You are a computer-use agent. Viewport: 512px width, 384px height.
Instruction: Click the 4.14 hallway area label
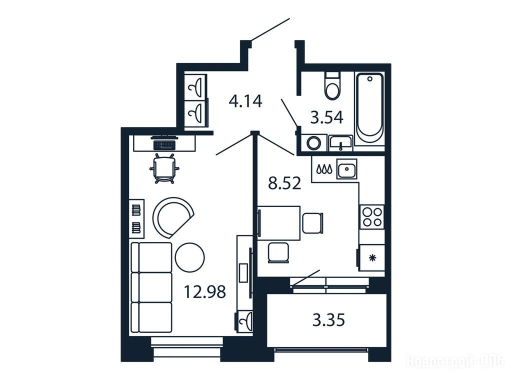coord(245,101)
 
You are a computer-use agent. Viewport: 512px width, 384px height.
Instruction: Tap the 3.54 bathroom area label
coord(326,117)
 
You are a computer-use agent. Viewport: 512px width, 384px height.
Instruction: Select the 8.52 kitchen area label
coord(284,184)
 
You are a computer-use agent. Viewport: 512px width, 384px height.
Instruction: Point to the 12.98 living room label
coord(204,291)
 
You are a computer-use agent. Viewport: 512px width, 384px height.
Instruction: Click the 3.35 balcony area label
coord(328,320)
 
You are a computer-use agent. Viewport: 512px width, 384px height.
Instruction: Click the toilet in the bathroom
coord(332,85)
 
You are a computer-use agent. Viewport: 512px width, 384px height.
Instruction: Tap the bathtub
coord(369,108)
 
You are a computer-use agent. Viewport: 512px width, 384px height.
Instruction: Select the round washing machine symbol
coord(314,142)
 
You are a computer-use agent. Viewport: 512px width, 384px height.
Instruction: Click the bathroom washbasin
coord(340,143)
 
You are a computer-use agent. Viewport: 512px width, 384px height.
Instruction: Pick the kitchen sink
coord(347,168)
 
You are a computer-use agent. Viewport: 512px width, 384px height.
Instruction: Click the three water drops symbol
coord(324,169)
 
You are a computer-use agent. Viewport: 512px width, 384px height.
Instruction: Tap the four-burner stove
coord(372,217)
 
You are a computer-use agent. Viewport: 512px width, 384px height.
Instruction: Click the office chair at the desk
coord(164,169)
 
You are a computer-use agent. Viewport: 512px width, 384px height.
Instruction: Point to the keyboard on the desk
coord(164,144)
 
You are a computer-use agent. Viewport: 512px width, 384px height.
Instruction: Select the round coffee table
coord(189,257)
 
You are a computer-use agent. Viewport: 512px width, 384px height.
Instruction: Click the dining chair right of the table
coord(313,222)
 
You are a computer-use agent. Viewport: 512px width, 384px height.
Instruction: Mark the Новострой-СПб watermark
coord(456,362)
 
